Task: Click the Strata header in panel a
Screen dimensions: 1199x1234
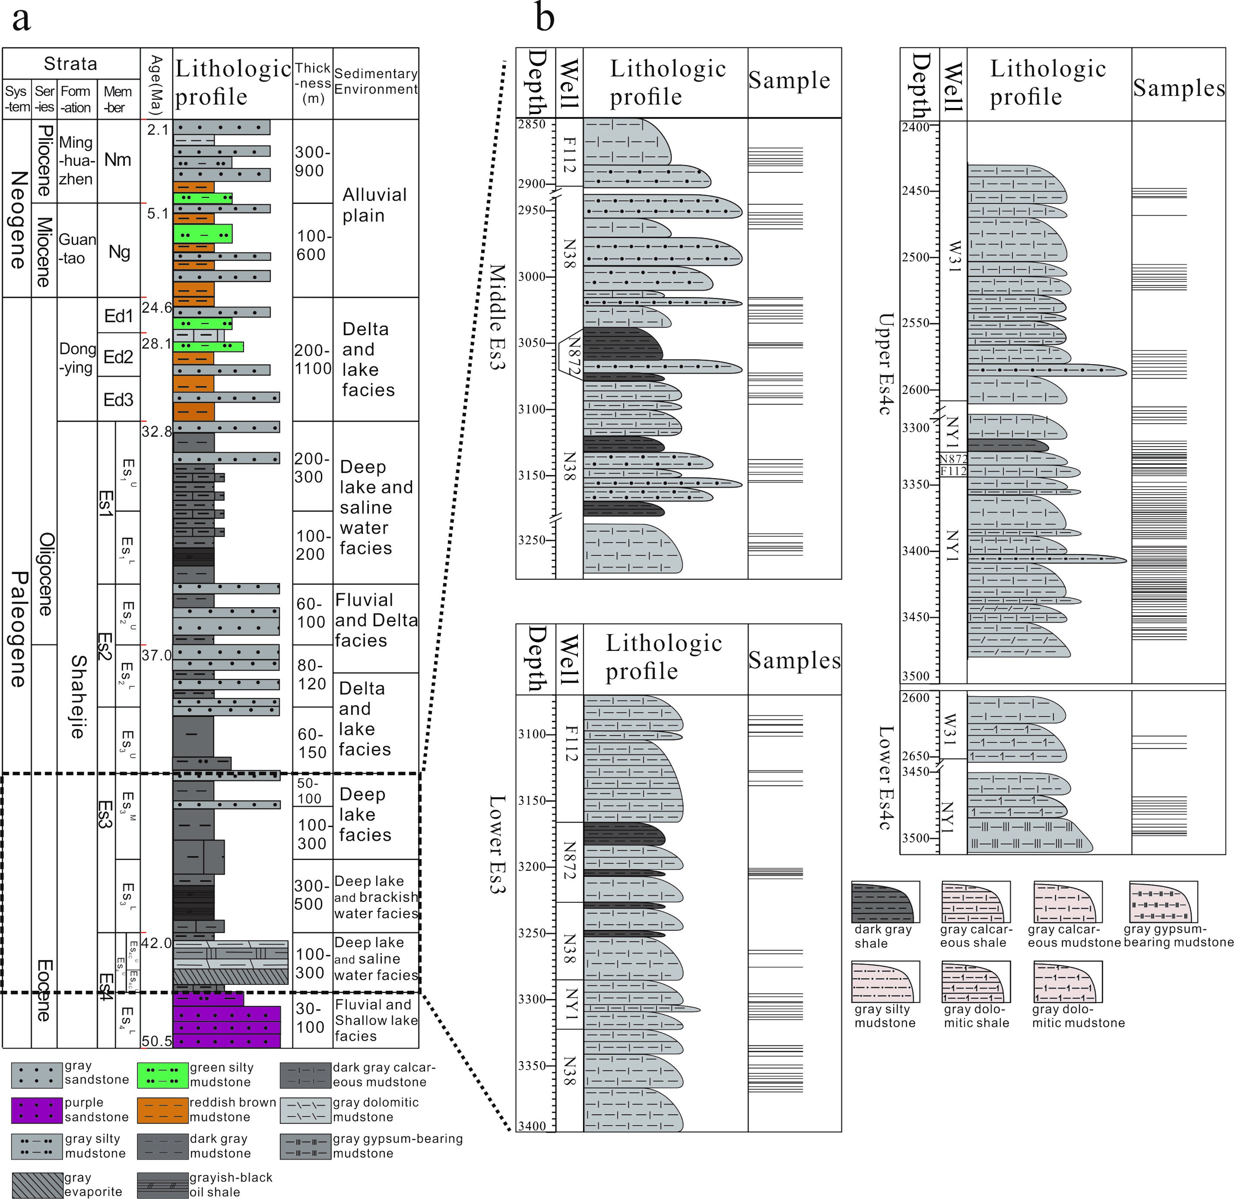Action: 71,64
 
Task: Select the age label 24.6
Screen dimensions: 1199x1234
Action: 156,307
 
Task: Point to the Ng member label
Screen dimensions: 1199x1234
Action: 119,252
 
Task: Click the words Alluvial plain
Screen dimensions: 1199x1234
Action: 374,205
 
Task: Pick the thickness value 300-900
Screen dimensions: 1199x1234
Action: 312,161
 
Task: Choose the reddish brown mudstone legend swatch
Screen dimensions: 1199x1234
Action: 163,1110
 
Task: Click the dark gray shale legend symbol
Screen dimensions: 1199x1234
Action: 885,902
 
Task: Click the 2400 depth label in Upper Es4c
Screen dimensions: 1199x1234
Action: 916,127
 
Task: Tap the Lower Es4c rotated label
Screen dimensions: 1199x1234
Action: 886,777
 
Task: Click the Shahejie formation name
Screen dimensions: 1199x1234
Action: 77,696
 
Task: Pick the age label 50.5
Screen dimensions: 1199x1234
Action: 156,1041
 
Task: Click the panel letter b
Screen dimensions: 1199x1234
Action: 545,19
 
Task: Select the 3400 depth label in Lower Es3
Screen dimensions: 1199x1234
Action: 532,1126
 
